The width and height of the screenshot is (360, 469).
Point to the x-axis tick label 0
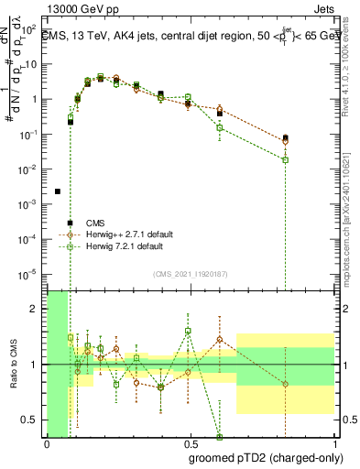coord(47,444)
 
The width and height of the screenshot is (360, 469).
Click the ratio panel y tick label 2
coord(36,309)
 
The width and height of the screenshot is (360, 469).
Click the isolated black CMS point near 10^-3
coord(58,191)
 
